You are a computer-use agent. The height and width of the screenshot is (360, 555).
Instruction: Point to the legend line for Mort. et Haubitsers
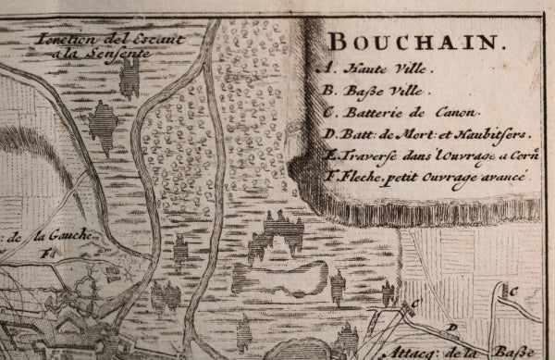(413, 135)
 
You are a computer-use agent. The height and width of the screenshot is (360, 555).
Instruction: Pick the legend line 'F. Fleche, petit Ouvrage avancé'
(424, 176)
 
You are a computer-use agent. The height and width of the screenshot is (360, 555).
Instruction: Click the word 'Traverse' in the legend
(363, 155)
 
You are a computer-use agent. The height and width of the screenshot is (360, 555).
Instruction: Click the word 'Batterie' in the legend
(375, 114)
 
